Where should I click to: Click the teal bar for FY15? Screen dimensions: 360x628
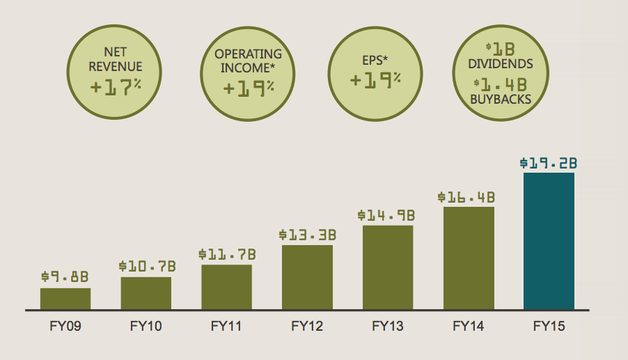(549, 241)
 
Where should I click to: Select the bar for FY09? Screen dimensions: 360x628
(65, 298)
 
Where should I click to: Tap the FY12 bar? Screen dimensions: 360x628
(307, 277)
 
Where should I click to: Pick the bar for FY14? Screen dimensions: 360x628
(469, 258)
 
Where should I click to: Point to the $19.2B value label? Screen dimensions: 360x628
(549, 164)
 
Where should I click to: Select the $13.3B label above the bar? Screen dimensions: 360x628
(307, 235)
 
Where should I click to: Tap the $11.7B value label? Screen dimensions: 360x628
(226, 255)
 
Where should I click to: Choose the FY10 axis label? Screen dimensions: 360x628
(146, 325)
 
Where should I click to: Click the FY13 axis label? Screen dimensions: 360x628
(388, 325)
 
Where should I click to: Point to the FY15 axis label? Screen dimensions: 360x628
(549, 325)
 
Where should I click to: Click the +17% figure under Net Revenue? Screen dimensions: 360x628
(116, 87)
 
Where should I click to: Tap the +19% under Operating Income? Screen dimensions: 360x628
(249, 88)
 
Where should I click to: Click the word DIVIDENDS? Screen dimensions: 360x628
(500, 64)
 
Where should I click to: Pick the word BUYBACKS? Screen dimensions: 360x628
(500, 100)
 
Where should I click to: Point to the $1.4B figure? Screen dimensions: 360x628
(500, 84)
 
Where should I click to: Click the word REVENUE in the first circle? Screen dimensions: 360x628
(116, 67)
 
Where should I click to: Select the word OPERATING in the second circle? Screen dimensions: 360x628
(249, 54)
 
